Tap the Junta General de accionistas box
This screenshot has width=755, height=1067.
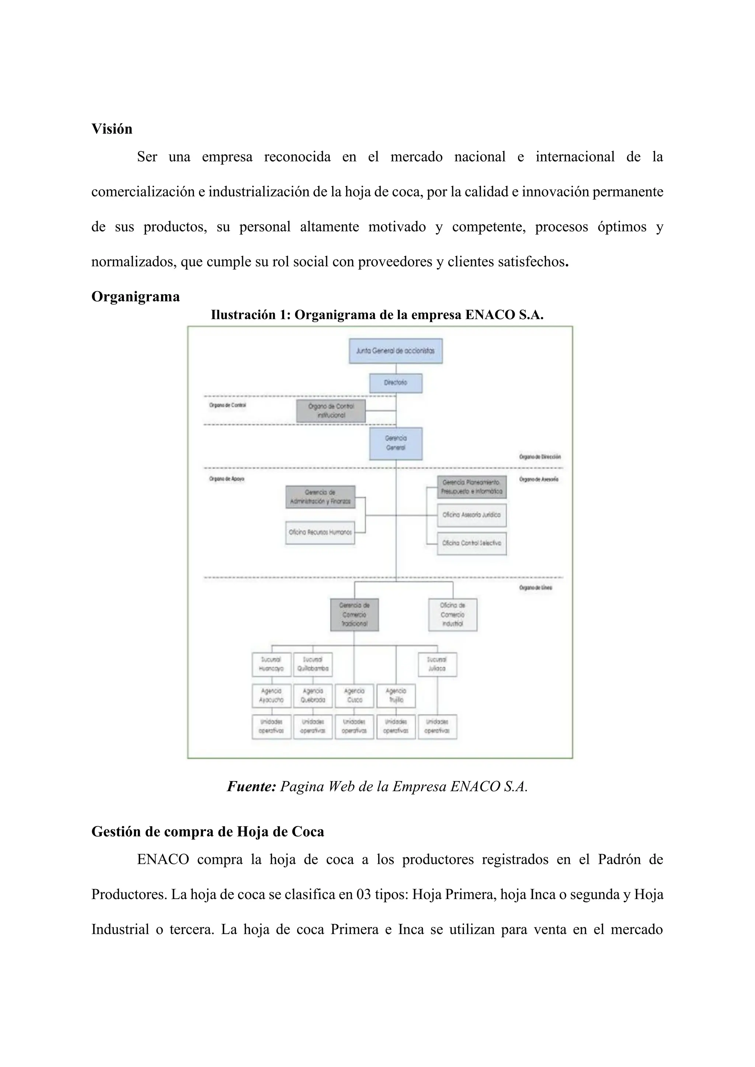point(396,351)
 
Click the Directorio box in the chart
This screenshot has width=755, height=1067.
point(396,383)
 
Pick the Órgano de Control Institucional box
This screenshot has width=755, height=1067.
point(331,411)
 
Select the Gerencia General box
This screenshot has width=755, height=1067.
point(396,443)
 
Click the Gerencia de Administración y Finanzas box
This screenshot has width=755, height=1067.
point(320,497)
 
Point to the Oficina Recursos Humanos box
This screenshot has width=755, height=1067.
point(320,532)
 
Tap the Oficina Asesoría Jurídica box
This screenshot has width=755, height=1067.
point(472,515)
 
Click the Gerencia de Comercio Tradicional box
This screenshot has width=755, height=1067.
point(354,614)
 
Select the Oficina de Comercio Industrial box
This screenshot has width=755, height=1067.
point(452,614)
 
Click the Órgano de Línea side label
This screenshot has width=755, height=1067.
point(536,588)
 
